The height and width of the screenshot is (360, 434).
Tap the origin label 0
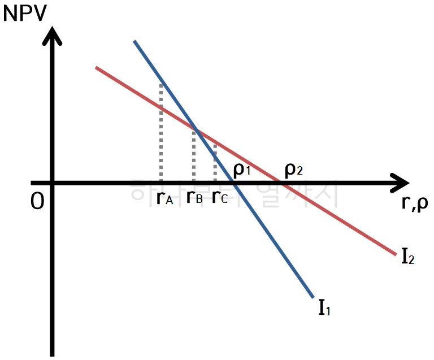pyautogui.click(x=37, y=201)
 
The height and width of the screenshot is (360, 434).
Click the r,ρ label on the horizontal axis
pyautogui.click(x=414, y=202)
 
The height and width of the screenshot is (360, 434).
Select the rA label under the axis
pyautogui.click(x=164, y=198)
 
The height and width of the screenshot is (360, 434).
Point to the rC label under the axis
pyautogui.click(x=220, y=198)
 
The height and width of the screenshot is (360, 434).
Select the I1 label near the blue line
pyautogui.click(x=324, y=308)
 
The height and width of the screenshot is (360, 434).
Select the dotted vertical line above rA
pyautogui.click(x=161, y=133)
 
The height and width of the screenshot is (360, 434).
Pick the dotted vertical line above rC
pyautogui.click(x=215, y=161)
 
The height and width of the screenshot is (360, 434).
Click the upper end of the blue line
pyautogui.click(x=135, y=42)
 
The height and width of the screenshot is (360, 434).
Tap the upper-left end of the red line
pyautogui.click(x=97, y=68)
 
